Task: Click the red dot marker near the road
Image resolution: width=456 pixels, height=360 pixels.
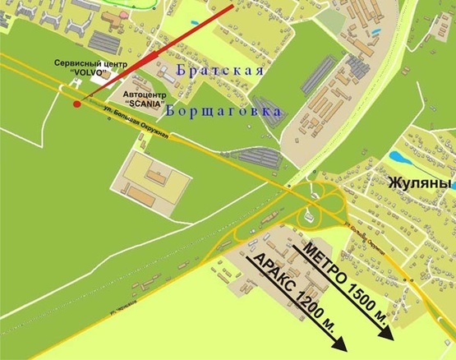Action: pos(76,104)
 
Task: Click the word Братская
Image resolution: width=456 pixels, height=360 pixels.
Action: pos(219,72)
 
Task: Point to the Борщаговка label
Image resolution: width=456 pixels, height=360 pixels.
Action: pos(223,109)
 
